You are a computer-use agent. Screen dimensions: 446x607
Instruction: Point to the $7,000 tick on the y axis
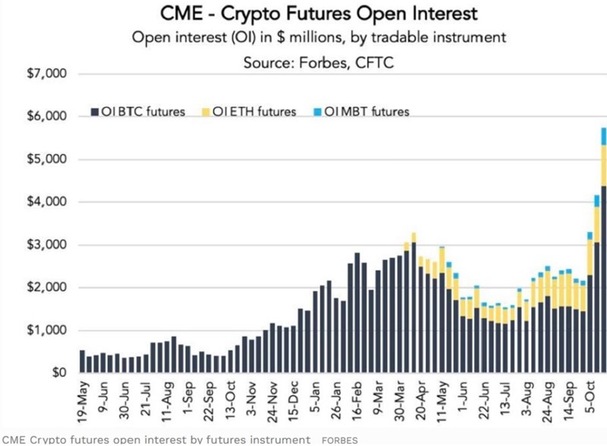(x=47, y=74)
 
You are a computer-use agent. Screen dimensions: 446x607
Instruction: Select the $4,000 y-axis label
(x=47, y=203)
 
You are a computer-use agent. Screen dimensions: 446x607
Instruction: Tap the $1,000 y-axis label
(x=47, y=331)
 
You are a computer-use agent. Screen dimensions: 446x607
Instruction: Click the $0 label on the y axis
(x=57, y=373)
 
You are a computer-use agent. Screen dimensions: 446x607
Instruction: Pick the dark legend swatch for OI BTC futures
(x=94, y=112)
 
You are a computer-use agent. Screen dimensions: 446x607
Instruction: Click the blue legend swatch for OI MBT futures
(x=317, y=112)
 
